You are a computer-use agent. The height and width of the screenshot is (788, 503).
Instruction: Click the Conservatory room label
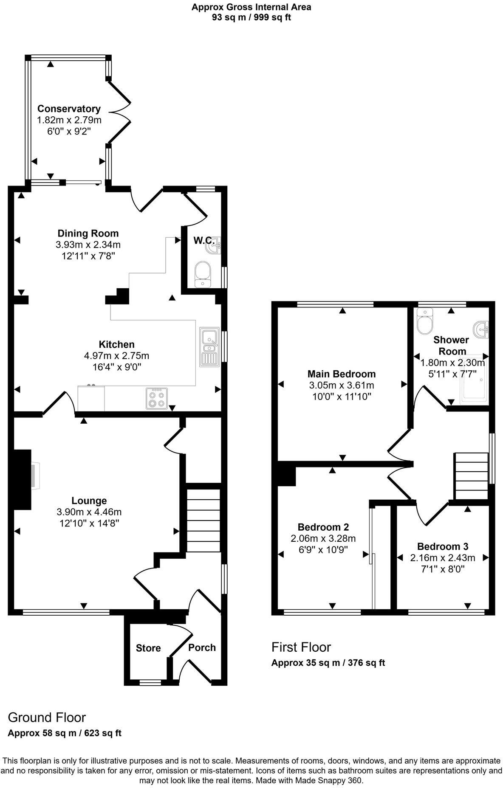click(x=68, y=109)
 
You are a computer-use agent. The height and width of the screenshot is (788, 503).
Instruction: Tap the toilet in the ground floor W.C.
click(x=203, y=274)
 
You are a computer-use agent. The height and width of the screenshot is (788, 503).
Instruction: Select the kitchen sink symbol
click(x=210, y=346)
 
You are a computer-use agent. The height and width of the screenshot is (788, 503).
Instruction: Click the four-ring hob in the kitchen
click(x=157, y=398)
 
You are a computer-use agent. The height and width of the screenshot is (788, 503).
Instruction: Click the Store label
click(x=148, y=648)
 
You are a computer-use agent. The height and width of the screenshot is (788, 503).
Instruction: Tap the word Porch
click(x=202, y=647)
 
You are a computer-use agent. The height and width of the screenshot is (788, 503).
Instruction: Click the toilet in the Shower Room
click(x=424, y=322)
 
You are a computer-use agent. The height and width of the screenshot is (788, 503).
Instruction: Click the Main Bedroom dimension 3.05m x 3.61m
click(x=342, y=386)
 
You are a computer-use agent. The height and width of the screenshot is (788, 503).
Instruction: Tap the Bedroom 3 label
click(x=443, y=546)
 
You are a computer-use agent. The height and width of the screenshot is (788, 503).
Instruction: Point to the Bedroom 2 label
click(x=323, y=527)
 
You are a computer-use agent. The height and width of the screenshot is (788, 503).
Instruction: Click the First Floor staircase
click(x=471, y=476)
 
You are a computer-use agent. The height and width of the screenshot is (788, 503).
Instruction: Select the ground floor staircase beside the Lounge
click(x=203, y=520)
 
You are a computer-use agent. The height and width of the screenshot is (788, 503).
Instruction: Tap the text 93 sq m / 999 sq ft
click(x=251, y=17)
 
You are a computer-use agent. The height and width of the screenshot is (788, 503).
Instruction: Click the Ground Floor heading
click(x=47, y=717)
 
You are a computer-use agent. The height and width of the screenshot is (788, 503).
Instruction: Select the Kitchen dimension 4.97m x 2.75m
click(x=117, y=355)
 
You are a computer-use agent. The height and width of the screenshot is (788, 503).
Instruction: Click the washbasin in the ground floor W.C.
click(x=215, y=246)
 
